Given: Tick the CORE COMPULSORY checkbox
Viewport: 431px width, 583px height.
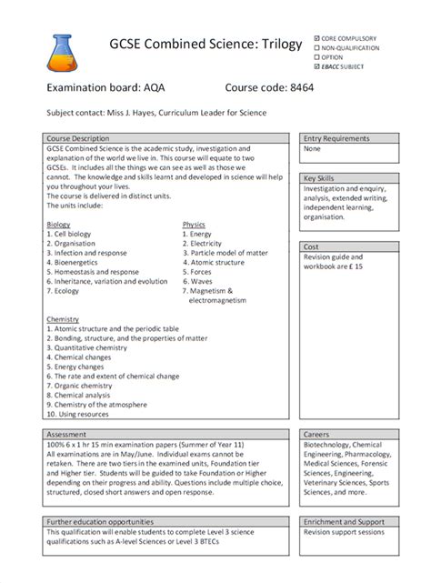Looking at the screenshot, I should coord(316,38).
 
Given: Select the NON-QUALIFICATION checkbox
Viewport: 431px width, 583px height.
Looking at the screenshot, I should coord(316,47).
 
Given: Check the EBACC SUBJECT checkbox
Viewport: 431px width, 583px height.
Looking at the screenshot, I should coord(316,66).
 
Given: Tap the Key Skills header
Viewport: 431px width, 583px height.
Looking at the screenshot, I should coord(321,178).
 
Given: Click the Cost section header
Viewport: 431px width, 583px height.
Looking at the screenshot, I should coord(311,246).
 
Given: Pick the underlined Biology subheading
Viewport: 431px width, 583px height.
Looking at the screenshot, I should coord(58,224).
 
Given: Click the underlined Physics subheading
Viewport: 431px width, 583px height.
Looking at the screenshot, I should coord(194,224).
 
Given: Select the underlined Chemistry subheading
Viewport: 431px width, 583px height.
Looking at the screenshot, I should coord(63,320).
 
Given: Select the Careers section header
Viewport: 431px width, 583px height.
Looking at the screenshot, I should coord(316,435).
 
